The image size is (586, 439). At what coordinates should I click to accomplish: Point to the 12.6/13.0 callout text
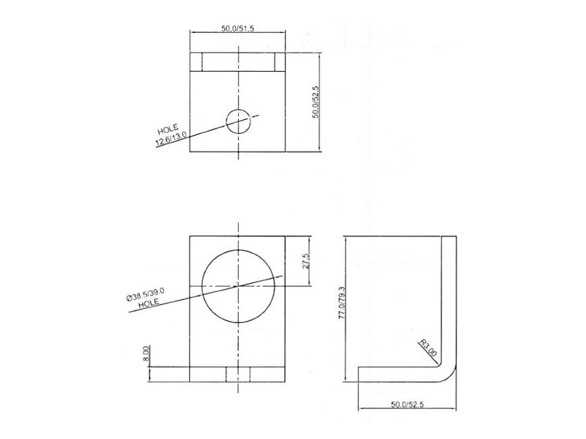(171, 138)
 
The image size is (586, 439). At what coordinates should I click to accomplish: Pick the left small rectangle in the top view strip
(196, 61)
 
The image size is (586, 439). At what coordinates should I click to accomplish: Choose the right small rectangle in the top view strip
(278, 61)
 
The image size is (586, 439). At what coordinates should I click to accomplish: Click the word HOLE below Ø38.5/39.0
(149, 303)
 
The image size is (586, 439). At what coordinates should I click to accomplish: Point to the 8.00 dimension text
(146, 354)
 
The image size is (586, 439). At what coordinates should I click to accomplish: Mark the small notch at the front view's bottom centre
(237, 375)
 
